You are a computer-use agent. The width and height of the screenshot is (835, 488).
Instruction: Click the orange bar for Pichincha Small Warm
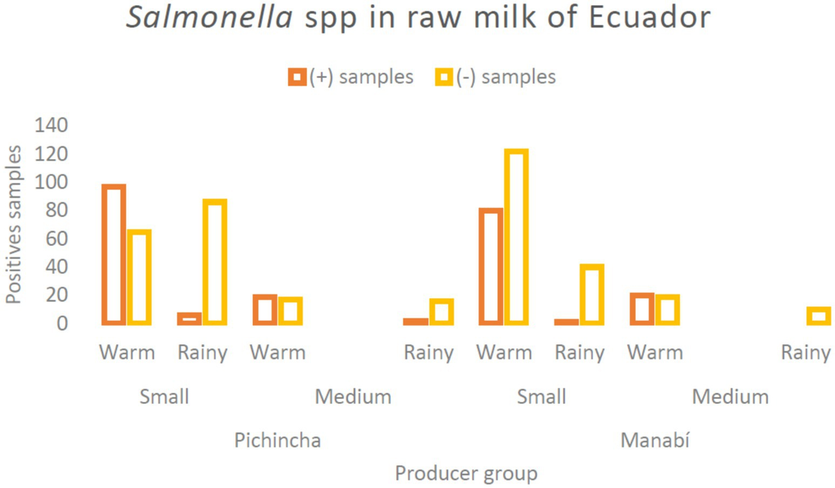pos(113,255)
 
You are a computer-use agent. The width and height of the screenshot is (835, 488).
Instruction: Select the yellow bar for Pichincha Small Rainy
pos(214,262)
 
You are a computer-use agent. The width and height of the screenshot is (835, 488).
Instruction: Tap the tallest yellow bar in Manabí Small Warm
pos(516,237)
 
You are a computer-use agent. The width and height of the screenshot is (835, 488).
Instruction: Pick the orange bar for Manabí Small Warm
pos(491,267)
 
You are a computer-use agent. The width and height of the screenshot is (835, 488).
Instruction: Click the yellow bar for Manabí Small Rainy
pos(591,294)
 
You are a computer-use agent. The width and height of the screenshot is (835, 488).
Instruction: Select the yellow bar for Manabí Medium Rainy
pos(818,316)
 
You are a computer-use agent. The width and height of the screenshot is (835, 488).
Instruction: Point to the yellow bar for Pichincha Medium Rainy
pos(441,312)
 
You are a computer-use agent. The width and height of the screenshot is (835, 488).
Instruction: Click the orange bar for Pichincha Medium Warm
pos(264,310)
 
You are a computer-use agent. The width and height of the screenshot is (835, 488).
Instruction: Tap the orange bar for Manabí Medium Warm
pos(642,309)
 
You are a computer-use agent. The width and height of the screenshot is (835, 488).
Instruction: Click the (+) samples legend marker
pos(296,77)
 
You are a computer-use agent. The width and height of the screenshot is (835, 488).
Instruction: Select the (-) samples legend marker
pos(444,77)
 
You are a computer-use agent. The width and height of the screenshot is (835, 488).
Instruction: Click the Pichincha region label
pos(278,441)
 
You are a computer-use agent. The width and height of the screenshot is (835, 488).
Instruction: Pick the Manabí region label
pos(655,441)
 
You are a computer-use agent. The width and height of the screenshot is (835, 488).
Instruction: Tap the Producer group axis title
pos(466,474)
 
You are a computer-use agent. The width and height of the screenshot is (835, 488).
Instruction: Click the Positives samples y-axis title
pos(14,224)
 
